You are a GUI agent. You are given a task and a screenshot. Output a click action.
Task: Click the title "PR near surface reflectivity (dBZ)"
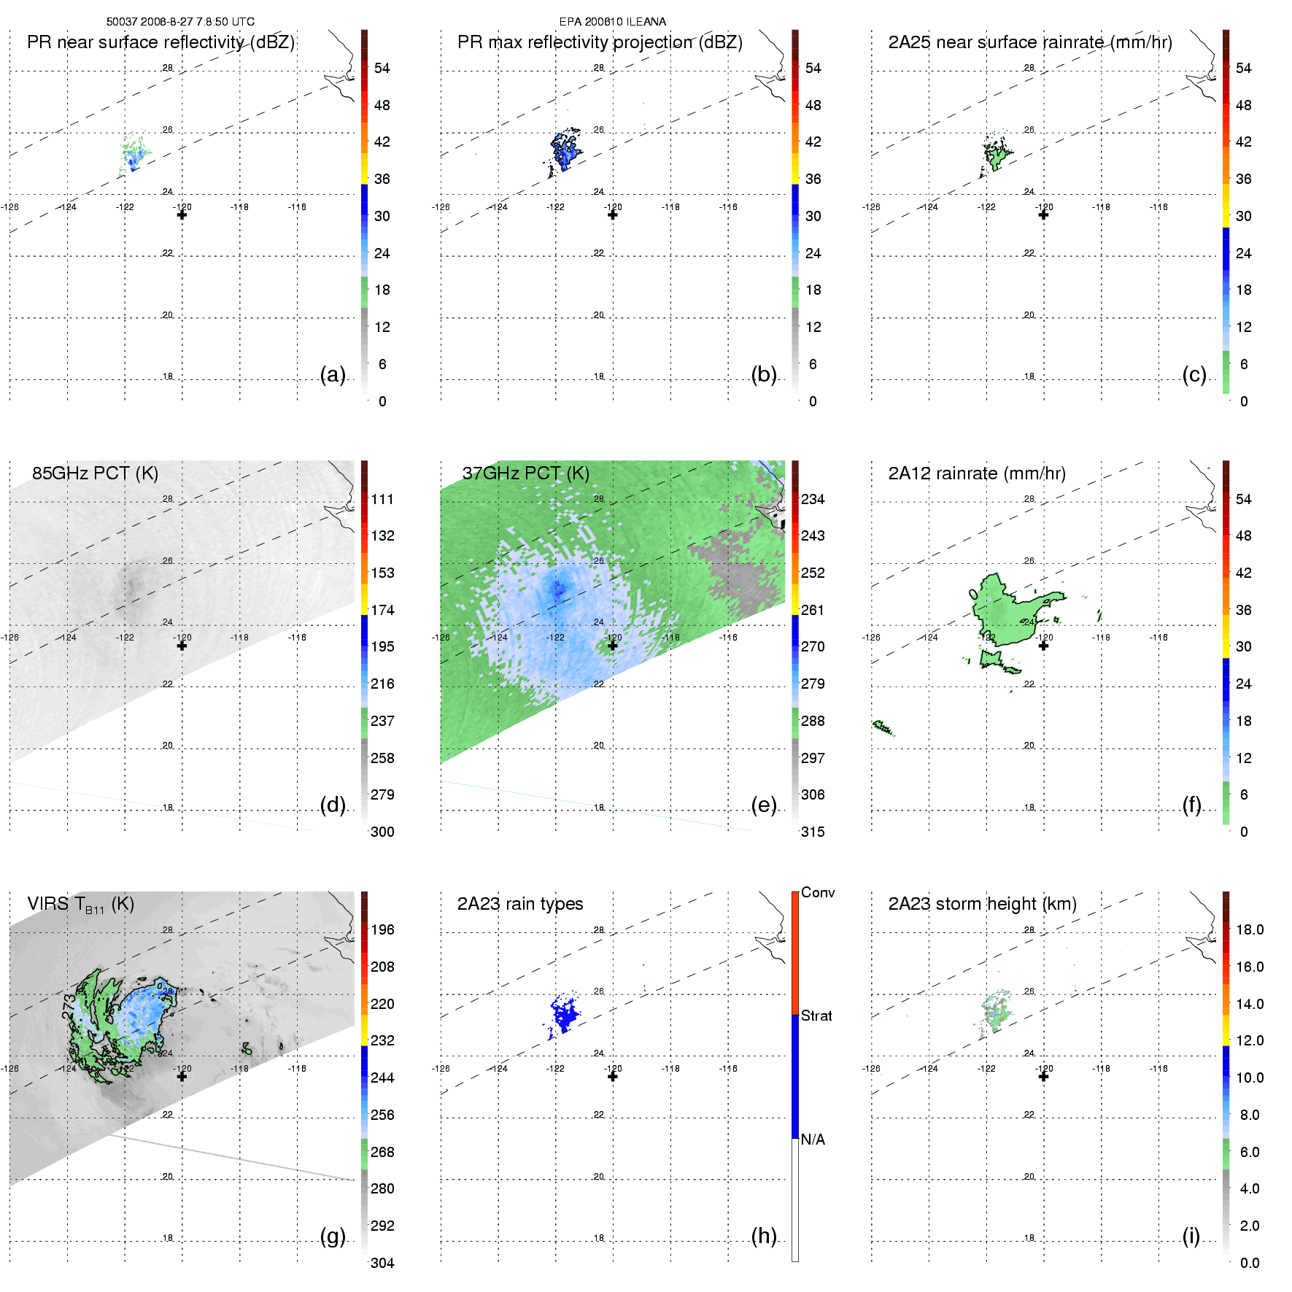(160, 42)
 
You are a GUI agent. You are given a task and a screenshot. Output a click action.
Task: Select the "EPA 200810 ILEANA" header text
(612, 22)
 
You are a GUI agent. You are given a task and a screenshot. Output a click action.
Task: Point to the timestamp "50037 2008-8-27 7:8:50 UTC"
(180, 22)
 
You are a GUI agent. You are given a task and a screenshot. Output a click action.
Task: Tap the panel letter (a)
(333, 374)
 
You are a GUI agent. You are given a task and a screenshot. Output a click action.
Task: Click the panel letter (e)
(763, 805)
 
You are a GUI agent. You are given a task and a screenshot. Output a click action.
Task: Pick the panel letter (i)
(1191, 1236)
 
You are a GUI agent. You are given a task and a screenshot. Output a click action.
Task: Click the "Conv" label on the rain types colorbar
(817, 892)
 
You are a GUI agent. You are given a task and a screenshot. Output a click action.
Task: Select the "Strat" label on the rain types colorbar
(816, 1016)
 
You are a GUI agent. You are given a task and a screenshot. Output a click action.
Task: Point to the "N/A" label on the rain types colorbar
(813, 1140)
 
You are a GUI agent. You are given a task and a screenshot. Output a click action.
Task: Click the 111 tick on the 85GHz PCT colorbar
(382, 499)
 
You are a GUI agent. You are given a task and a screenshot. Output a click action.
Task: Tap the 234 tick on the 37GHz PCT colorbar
(813, 499)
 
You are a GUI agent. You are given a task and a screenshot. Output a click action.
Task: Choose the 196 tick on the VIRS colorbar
(382, 929)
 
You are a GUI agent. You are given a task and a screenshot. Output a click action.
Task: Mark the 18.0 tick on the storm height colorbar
(1249, 929)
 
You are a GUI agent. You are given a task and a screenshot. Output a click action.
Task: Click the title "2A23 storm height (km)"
(982, 904)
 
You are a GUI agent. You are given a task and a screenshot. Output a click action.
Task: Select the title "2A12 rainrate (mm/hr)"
(976, 473)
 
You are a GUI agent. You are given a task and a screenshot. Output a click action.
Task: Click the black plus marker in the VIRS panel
(182, 1076)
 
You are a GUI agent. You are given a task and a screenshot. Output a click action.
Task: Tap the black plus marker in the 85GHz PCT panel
(182, 646)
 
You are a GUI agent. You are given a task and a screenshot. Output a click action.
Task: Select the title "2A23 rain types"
(519, 904)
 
